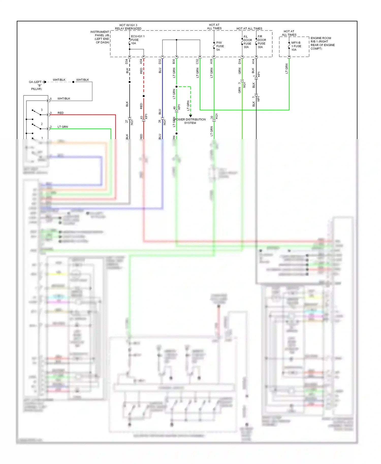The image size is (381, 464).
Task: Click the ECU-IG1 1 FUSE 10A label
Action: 137,40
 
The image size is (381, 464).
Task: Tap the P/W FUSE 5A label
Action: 220,46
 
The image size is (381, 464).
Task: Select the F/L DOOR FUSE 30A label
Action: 247,42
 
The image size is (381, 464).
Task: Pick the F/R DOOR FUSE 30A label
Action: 262,42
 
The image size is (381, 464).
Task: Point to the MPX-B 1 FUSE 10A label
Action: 296,46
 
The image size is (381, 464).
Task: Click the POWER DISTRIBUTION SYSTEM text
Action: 190,121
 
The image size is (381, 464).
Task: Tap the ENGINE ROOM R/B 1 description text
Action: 322,43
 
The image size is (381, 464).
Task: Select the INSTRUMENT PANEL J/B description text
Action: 100,37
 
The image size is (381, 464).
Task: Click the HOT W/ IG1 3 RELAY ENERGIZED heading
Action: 128,27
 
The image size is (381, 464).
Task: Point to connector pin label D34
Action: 126,61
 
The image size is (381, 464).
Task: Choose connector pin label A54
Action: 141,61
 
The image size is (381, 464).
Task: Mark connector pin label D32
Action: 160,61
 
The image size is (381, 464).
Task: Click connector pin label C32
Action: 197,61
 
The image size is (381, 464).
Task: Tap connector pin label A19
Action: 211,61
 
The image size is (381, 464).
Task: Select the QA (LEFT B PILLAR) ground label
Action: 36,85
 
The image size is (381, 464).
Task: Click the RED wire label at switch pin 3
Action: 60,113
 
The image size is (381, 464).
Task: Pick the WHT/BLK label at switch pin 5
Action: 63,98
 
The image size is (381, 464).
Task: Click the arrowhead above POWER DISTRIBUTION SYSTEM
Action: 190,116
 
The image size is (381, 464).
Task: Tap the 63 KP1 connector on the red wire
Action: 144,117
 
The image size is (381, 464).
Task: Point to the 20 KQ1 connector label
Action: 214,117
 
